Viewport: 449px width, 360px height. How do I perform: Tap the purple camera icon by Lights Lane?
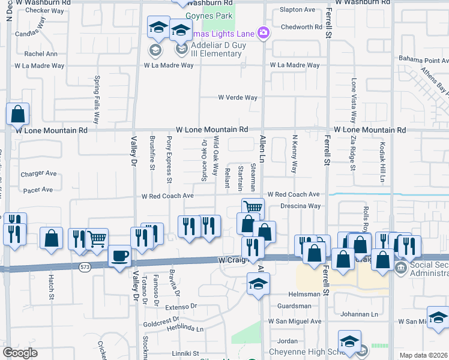pyautogui.click(x=263, y=32)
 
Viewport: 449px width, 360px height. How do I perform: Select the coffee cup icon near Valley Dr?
pyautogui.click(x=119, y=256)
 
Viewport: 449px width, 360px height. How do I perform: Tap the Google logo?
pyautogui.click(x=20, y=353)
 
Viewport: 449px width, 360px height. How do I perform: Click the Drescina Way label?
pyautogui.click(x=301, y=206)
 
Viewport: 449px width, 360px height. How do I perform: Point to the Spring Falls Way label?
pyautogui.click(x=97, y=100)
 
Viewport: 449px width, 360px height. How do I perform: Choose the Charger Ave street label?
pyautogui.click(x=38, y=174)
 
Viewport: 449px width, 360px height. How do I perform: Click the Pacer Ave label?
pyautogui.click(x=38, y=190)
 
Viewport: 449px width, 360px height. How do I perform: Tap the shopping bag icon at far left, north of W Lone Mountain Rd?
pyautogui.click(x=18, y=113)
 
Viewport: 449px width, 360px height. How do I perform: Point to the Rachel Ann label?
pyautogui.click(x=41, y=53)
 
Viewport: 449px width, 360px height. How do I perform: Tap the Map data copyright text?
pyautogui.click(x=423, y=355)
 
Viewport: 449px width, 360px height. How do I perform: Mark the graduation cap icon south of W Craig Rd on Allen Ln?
pyautogui.click(x=258, y=284)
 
